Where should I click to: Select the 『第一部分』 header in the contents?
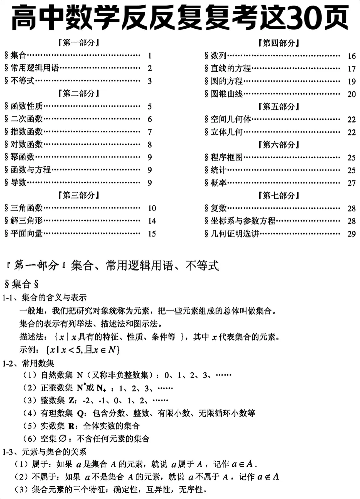[79, 43]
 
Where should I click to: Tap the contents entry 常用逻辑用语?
[35, 68]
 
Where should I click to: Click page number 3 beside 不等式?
[150, 81]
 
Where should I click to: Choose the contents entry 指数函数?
[27, 132]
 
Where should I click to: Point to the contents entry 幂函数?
[22, 157]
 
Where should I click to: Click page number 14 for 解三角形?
[152, 221]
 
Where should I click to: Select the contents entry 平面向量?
[27, 233]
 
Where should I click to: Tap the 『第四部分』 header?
[279, 43]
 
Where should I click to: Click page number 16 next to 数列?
[351, 56]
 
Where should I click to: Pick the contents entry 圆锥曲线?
[227, 94]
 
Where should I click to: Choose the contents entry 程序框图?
[227, 157]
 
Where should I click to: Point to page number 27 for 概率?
[351, 183]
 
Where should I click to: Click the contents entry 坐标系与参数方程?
[243, 221]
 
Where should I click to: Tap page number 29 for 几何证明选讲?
[351, 234]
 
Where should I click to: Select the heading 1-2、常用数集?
[28, 363]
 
